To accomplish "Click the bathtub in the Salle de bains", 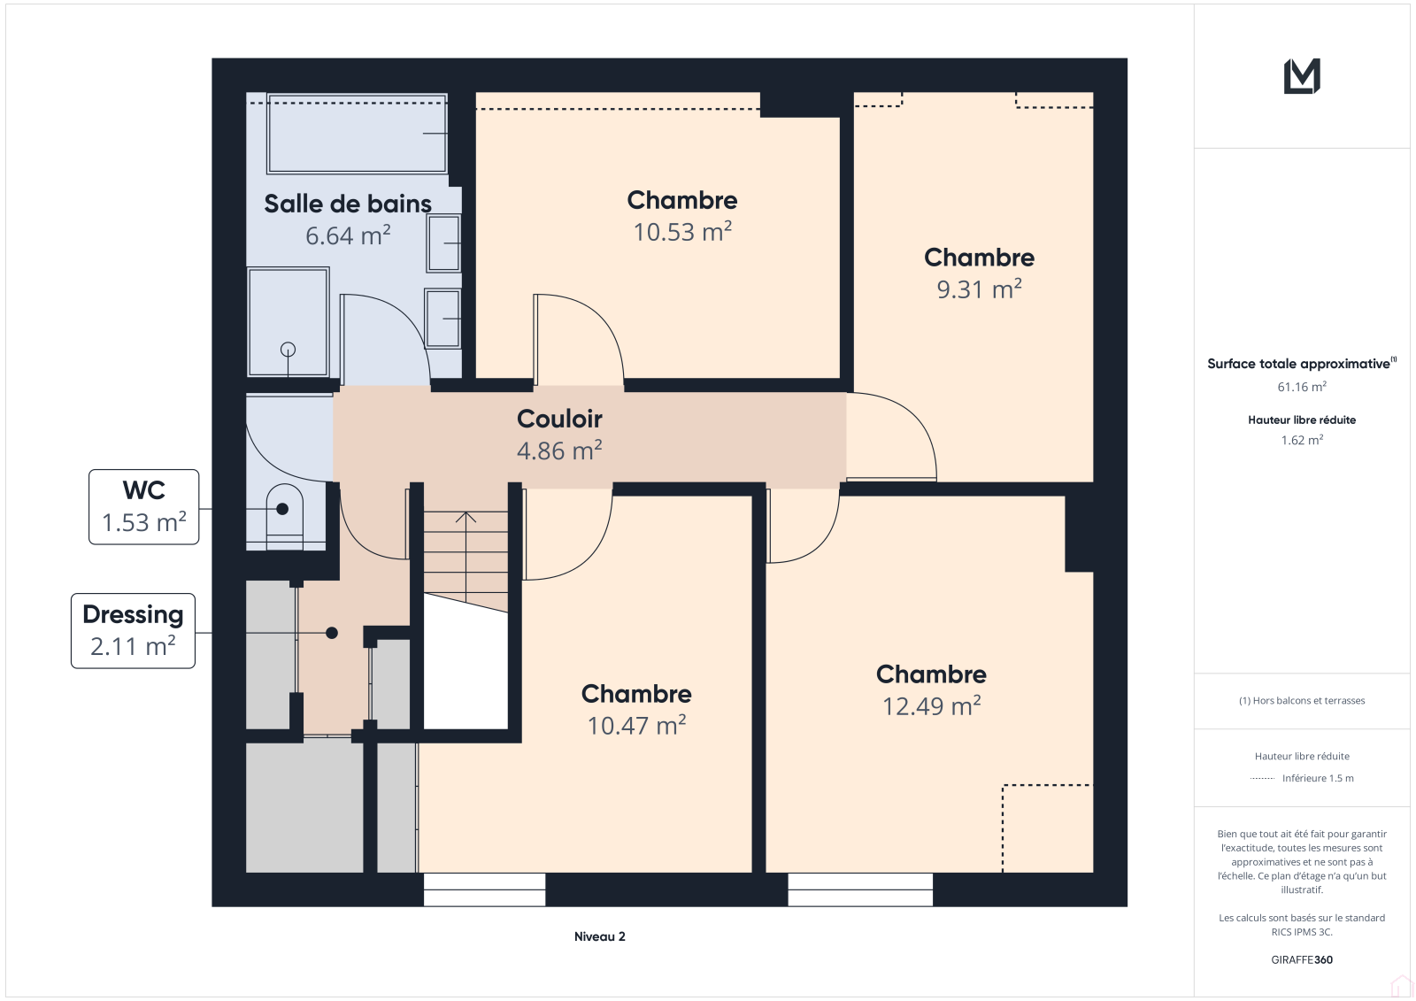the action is point(358,134).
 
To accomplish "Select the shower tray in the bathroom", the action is point(289,322).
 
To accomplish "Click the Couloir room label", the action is point(559,419).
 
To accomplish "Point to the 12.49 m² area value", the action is point(931,705).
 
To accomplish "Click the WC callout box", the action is point(144,507).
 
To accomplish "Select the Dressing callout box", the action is point(134,630).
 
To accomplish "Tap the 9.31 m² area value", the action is point(979,289).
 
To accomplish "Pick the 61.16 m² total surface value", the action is point(1302,387).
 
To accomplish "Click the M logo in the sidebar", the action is point(1302,76).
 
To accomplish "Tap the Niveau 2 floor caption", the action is point(599,936).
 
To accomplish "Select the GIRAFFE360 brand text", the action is point(1302,959).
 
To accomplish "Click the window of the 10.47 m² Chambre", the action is point(484,889).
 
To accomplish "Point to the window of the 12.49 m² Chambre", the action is point(860,889).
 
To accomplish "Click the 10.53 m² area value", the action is point(682,231).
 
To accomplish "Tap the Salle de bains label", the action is point(348,204).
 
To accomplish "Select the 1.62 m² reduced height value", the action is point(1302,440).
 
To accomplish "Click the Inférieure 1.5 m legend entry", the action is point(1302,778).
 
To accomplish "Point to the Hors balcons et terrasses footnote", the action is point(1302,701).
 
